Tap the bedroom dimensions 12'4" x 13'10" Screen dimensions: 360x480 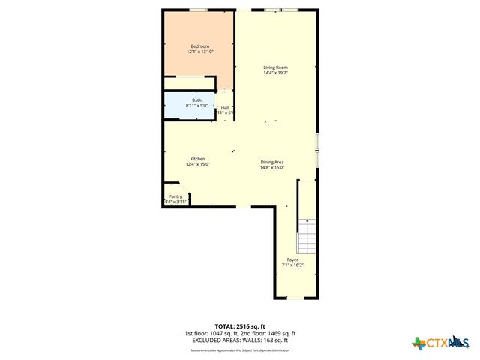(201, 52)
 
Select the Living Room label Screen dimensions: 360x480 (275, 67)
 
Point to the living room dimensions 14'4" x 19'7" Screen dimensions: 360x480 (275, 73)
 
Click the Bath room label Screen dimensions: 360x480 (196, 100)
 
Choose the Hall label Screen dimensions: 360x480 (225, 107)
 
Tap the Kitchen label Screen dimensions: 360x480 (198, 158)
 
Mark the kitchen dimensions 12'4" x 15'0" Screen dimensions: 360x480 (198, 163)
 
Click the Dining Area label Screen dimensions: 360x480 (272, 162)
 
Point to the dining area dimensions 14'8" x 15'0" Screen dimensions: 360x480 (272, 167)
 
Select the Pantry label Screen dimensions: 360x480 (175, 196)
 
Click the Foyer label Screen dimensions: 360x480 (292, 259)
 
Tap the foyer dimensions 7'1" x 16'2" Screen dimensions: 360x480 (292, 265)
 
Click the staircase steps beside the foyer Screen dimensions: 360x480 (307, 235)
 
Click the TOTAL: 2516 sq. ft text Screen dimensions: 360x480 (240, 326)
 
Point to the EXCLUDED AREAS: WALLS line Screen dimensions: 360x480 (240, 340)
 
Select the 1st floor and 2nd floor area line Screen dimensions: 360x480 (240, 333)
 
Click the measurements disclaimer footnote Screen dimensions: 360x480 (240, 350)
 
